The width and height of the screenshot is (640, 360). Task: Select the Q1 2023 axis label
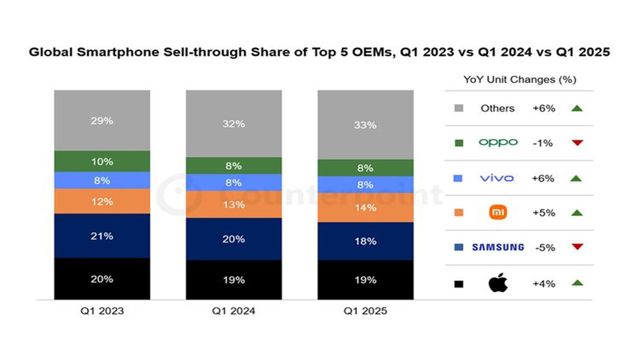pyautogui.click(x=101, y=311)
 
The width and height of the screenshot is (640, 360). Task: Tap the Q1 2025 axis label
pyautogui.click(x=365, y=311)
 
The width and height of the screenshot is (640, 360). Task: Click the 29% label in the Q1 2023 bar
pyautogui.click(x=101, y=120)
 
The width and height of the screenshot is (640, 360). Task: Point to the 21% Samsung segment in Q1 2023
pyautogui.click(x=101, y=236)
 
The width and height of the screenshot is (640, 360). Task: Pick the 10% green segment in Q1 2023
pyautogui.click(x=101, y=161)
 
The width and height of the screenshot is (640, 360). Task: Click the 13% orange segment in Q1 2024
pyautogui.click(x=233, y=204)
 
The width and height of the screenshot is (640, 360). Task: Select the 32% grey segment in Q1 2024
pyautogui.click(x=233, y=123)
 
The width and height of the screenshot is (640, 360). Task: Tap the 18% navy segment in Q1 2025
pyautogui.click(x=365, y=241)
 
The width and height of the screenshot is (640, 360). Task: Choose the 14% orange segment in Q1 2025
pyautogui.click(x=365, y=207)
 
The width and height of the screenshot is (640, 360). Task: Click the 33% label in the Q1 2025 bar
pyautogui.click(x=365, y=125)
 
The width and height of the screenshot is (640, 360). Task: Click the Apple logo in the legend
pyautogui.click(x=498, y=283)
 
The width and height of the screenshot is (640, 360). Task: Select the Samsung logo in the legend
pyautogui.click(x=498, y=247)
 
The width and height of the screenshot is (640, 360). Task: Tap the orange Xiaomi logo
pyautogui.click(x=498, y=213)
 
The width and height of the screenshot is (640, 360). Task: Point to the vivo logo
pyautogui.click(x=496, y=178)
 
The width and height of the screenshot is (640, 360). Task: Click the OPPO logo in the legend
pyautogui.click(x=498, y=143)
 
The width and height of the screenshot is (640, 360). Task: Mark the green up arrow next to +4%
pyautogui.click(x=577, y=283)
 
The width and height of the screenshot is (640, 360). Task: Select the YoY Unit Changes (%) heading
pyautogui.click(x=520, y=79)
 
